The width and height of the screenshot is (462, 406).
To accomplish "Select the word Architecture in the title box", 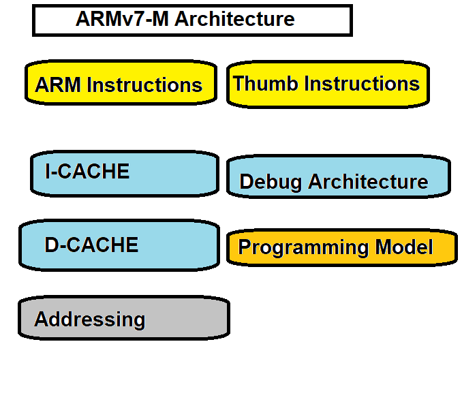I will [x=234, y=19].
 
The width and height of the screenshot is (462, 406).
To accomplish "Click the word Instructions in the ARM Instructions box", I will [x=145, y=85].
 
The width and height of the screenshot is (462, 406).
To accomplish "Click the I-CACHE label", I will [x=87, y=171].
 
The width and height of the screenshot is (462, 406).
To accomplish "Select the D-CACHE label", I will [x=91, y=245].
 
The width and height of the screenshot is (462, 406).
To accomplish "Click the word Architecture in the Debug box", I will [x=368, y=182].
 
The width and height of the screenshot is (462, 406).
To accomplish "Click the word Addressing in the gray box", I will [x=89, y=319].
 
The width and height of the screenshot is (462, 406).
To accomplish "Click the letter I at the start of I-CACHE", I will [x=48, y=171].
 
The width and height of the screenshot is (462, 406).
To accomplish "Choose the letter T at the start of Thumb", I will [x=238, y=84].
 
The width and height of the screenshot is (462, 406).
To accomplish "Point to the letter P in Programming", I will [x=245, y=247].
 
